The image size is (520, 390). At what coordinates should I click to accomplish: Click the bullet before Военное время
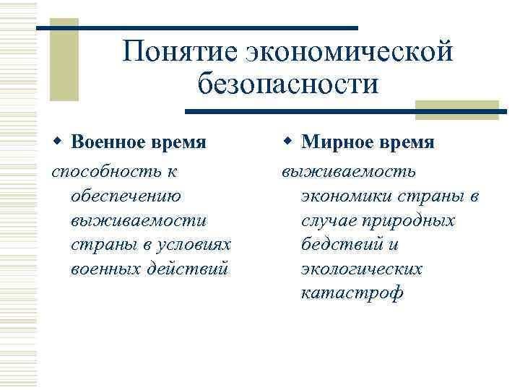(56, 142)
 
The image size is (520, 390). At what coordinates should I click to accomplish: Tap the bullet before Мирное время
(287, 142)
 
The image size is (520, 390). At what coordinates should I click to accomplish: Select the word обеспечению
(127, 196)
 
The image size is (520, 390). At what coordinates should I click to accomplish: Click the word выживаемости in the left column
(139, 220)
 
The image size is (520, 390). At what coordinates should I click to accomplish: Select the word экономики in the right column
(347, 196)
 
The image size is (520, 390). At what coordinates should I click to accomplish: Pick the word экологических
(362, 269)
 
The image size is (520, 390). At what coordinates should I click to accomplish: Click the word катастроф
(352, 293)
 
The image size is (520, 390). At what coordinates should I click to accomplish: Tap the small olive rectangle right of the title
(456, 109)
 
